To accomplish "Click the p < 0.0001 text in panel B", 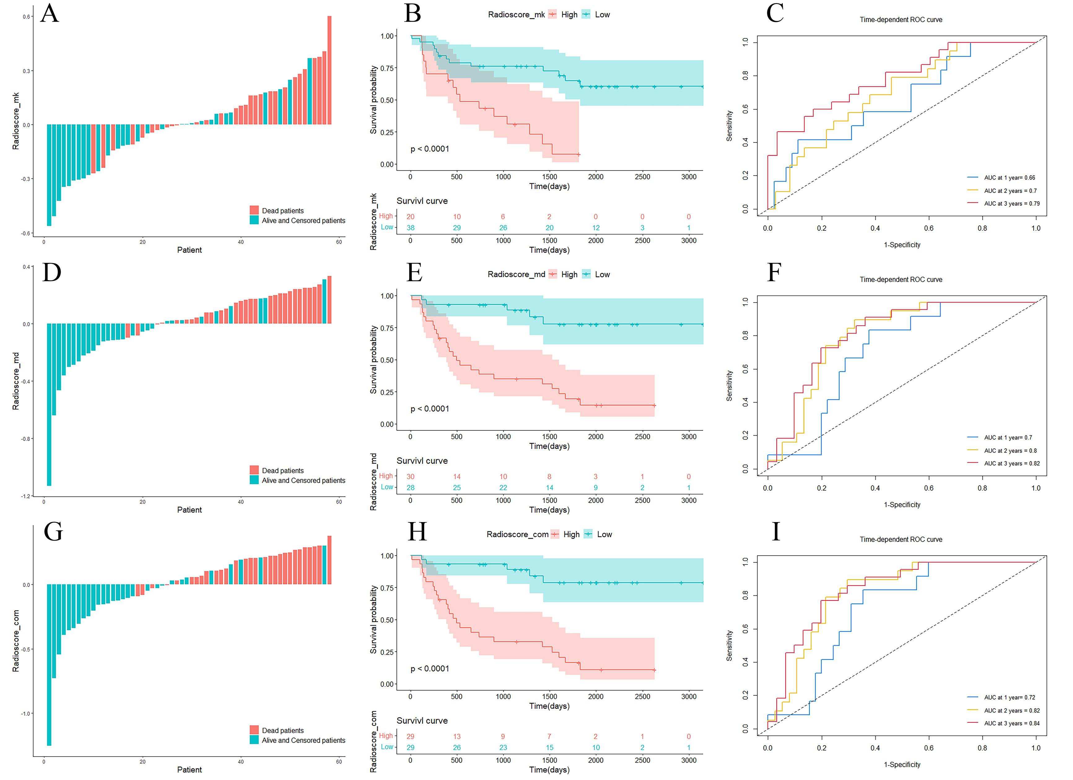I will tap(430, 149).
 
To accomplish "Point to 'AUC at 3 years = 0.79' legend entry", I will tap(1011, 204).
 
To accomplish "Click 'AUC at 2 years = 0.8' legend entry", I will tap(1010, 451).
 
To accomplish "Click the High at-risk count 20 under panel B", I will tap(410, 217).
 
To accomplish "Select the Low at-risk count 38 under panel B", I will tap(410, 228).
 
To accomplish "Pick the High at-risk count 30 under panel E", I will tap(410, 477).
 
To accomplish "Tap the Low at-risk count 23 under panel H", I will tap(503, 748).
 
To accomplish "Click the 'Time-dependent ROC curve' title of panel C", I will tap(901, 20).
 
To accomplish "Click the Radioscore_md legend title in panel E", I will tap(516, 274).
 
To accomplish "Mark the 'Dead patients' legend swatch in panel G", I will tap(254, 730).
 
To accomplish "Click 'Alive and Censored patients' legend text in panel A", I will tap(303, 221).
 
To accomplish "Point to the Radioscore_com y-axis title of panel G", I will tap(16, 641).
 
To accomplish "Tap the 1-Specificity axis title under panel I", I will tap(902, 765).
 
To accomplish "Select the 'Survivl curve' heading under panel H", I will tap(422, 721).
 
